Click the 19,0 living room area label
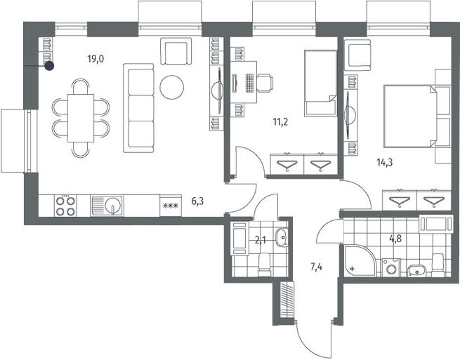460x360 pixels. [x=96, y=59]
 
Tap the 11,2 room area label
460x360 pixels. [x=280, y=121]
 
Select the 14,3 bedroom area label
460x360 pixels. [x=385, y=162]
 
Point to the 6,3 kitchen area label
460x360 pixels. [x=197, y=201]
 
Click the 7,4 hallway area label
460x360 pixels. [x=317, y=267]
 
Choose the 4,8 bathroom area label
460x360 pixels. [x=395, y=239]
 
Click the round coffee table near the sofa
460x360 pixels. [x=172, y=87]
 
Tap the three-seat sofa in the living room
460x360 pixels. [x=138, y=108]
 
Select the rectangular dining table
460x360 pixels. [x=81, y=118]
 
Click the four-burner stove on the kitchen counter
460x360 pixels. [x=65, y=206]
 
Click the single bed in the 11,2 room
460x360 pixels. [x=320, y=83]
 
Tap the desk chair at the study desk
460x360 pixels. [x=265, y=83]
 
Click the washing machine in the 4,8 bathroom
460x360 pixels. [x=390, y=267]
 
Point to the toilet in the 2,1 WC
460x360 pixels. [x=265, y=265]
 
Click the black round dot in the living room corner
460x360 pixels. [x=50, y=66]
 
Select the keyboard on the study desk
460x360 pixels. [x=249, y=83]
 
